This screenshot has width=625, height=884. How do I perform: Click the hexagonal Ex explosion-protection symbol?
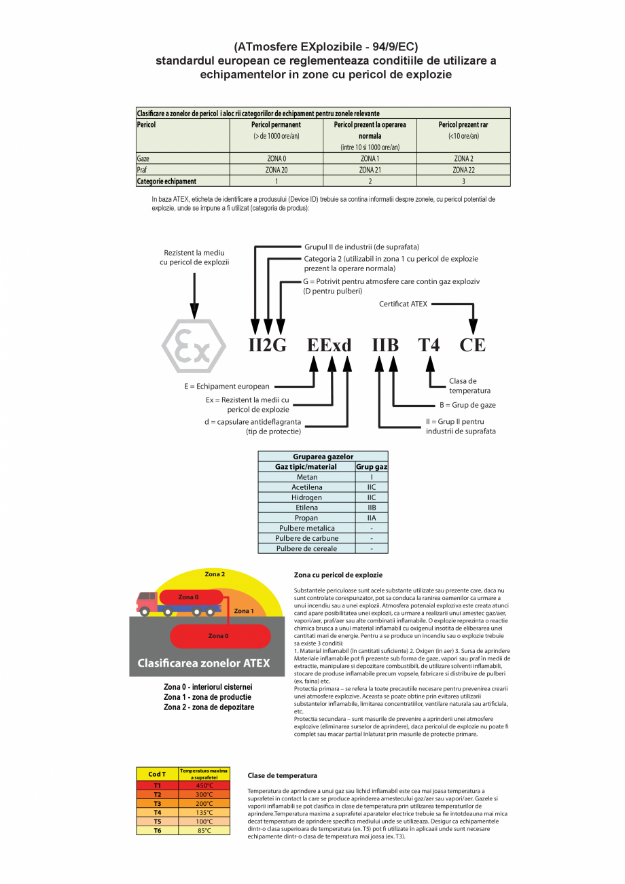[x=194, y=346]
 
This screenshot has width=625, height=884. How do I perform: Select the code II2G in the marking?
[x=267, y=345]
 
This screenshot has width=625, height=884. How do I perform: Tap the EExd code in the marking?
[x=329, y=345]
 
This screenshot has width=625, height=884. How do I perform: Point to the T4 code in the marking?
[x=429, y=345]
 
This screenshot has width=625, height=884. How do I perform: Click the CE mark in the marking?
[x=473, y=345]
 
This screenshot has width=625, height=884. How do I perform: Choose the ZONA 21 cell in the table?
[x=370, y=170]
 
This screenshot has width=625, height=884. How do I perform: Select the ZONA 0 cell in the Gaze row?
[x=276, y=158]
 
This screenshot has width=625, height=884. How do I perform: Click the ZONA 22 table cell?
[x=463, y=170]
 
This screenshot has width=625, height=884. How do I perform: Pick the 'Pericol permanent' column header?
[x=276, y=125]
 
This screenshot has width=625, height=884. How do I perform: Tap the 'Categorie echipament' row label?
[x=166, y=181]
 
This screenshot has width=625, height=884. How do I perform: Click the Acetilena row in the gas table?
[x=306, y=487]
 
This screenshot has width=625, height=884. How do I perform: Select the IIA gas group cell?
[x=371, y=518]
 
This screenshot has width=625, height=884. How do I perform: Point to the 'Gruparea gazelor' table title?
[x=323, y=457]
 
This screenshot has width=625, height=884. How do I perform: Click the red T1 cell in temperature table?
[x=157, y=785]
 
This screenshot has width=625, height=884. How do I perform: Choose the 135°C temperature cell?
[x=204, y=812]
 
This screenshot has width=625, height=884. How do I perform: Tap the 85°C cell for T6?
[x=204, y=830]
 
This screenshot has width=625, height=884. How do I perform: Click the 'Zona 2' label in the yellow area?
[x=215, y=574]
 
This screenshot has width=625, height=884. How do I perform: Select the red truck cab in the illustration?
[x=146, y=601]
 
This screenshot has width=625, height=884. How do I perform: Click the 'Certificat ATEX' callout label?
[x=403, y=304]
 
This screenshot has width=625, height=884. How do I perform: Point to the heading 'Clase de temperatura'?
[x=282, y=775]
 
